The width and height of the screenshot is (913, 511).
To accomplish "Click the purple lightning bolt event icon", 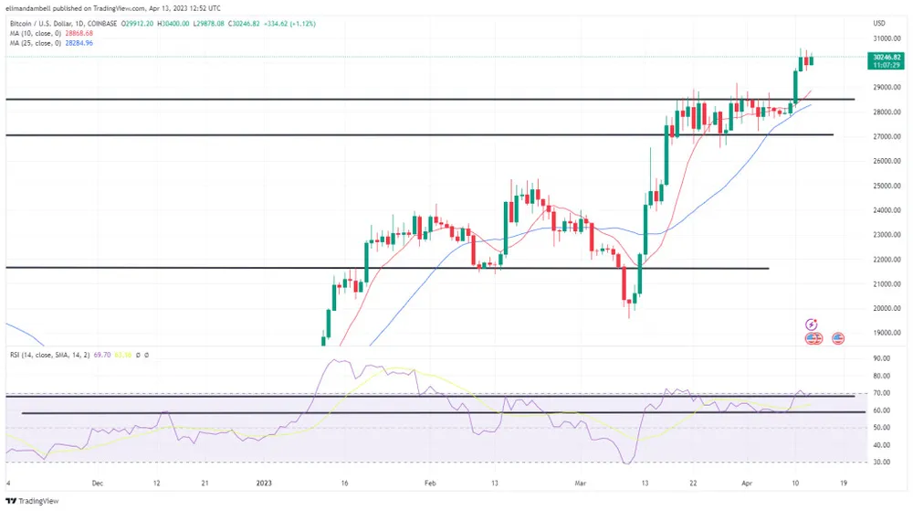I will (x=812, y=325).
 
